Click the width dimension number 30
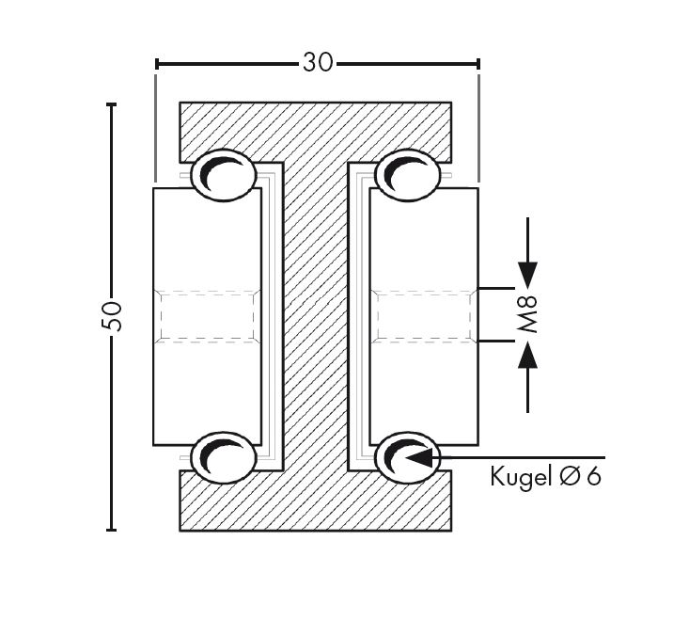[317, 63]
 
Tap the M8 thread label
[529, 315]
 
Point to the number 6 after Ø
[592, 476]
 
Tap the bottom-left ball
[224, 457]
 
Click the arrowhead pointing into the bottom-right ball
[418, 457]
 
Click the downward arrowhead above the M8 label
[528, 274]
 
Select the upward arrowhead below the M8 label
[528, 356]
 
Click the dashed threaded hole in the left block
[207, 315]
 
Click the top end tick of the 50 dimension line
[112, 103]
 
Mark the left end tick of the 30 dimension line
[156, 64]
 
